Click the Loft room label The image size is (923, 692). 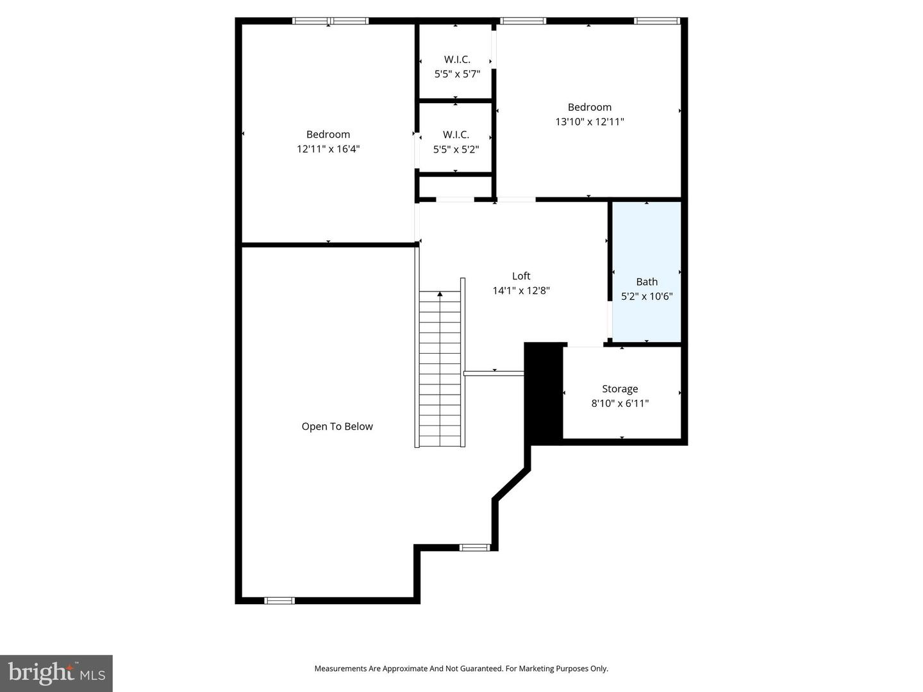coord(521,276)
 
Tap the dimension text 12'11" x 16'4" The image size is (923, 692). coord(328,149)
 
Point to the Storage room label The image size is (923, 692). coord(620,389)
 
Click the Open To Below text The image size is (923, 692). coord(337,427)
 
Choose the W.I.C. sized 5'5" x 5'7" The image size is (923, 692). coord(457,67)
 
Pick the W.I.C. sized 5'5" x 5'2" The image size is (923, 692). coord(456,142)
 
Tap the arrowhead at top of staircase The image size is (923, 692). coord(440,294)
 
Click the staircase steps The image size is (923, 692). coord(440,372)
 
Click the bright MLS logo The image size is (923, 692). coord(56,673)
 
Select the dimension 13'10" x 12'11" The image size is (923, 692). coord(590,122)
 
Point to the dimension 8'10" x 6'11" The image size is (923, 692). coord(620,404)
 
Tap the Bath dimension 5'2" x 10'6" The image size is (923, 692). coord(647,297)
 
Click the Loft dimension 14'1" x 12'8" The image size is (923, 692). coord(521,291)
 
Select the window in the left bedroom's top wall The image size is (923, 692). coord(330,21)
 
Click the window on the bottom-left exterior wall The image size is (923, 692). coord(279,600)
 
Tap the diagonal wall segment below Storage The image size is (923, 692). coord(511,484)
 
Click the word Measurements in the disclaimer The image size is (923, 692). coord(340,669)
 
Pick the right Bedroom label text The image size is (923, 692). coord(590,107)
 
